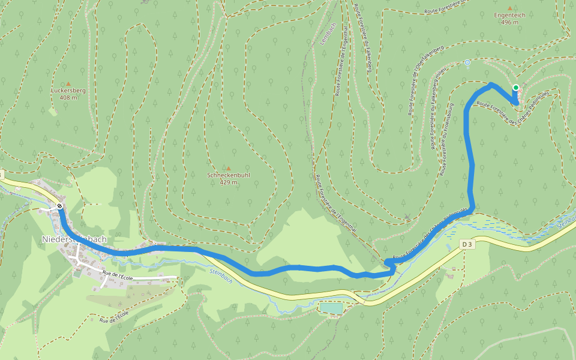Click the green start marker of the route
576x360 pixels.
(515, 88)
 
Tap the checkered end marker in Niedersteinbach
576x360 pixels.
(59, 206)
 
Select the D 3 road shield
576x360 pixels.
(467, 244)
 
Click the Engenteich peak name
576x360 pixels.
(509, 15)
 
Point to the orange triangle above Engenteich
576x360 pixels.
(510, 8)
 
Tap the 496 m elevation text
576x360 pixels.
(509, 22)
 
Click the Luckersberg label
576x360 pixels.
(68, 91)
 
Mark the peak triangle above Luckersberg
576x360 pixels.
(68, 83)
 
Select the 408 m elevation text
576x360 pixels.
(68, 98)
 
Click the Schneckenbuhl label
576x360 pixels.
(228, 175)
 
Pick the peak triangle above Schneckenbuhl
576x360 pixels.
(228, 168)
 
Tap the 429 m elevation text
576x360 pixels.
(228, 182)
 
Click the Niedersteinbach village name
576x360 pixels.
(74, 239)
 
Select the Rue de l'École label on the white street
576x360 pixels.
(117, 276)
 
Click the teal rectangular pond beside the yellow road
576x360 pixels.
(331, 308)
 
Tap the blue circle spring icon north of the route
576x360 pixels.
(467, 62)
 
